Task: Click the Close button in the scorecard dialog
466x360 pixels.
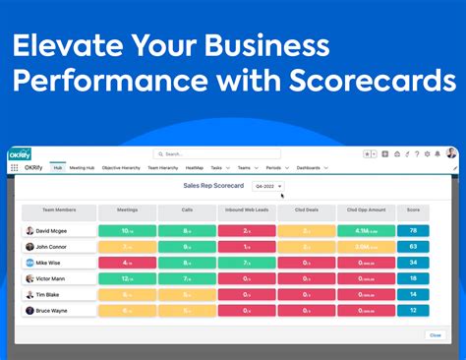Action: click(435, 334)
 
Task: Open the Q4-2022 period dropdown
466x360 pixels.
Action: click(268, 186)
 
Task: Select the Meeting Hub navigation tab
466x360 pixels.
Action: click(82, 167)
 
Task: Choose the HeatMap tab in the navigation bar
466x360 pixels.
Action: click(195, 167)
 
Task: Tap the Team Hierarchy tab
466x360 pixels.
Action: click(161, 167)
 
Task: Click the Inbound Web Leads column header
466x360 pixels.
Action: click(246, 210)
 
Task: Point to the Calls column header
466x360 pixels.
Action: click(186, 210)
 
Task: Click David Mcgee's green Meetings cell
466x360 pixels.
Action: click(128, 231)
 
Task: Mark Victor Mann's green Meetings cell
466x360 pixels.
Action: click(128, 278)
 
